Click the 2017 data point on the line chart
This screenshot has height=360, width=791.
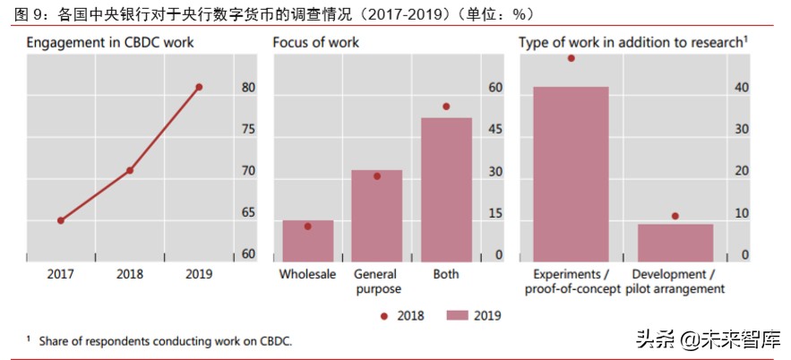point(61,220)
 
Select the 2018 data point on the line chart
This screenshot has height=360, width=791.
point(130,170)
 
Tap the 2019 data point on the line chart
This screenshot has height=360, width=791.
point(199,87)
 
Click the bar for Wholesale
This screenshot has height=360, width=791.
point(308,241)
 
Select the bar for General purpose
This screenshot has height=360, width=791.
point(377,216)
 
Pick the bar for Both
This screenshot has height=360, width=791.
point(446,189)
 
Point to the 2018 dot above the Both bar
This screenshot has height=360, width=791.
point(446,107)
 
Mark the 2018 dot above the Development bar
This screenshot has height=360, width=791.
point(675,216)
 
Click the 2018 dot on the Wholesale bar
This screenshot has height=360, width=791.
point(308,227)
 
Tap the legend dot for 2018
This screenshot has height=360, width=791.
point(384,315)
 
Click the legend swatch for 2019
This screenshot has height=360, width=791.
point(458,315)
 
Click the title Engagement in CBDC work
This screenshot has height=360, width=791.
point(109,42)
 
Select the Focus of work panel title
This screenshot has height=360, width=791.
point(316,42)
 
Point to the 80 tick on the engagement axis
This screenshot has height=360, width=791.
point(248,88)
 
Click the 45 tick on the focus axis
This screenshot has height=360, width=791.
point(494,130)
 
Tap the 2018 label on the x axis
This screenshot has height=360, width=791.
point(130,274)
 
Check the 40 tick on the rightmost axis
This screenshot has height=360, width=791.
point(742,88)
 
